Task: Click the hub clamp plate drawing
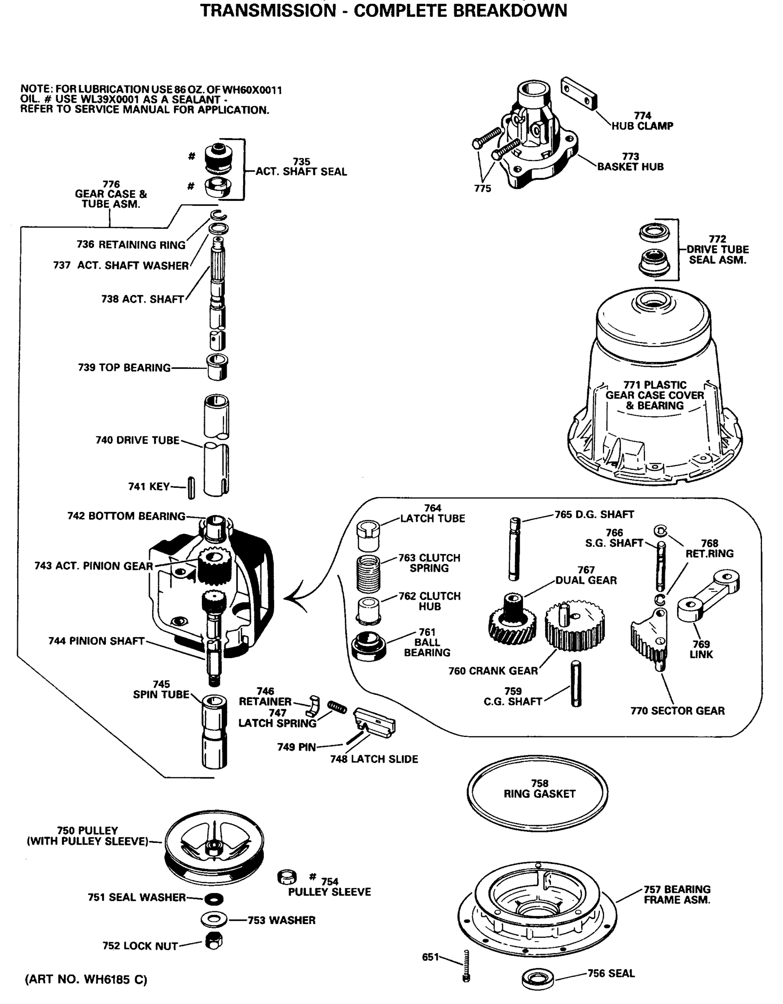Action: point(579,94)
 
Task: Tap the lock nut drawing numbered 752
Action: point(213,942)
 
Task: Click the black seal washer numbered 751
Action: point(214,899)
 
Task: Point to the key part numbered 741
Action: point(191,488)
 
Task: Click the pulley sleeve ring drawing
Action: point(287,877)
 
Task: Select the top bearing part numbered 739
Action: point(217,367)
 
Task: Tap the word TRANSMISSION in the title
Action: point(268,10)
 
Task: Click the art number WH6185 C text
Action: point(86,980)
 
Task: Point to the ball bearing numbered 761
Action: point(369,646)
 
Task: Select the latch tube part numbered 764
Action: point(368,535)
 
